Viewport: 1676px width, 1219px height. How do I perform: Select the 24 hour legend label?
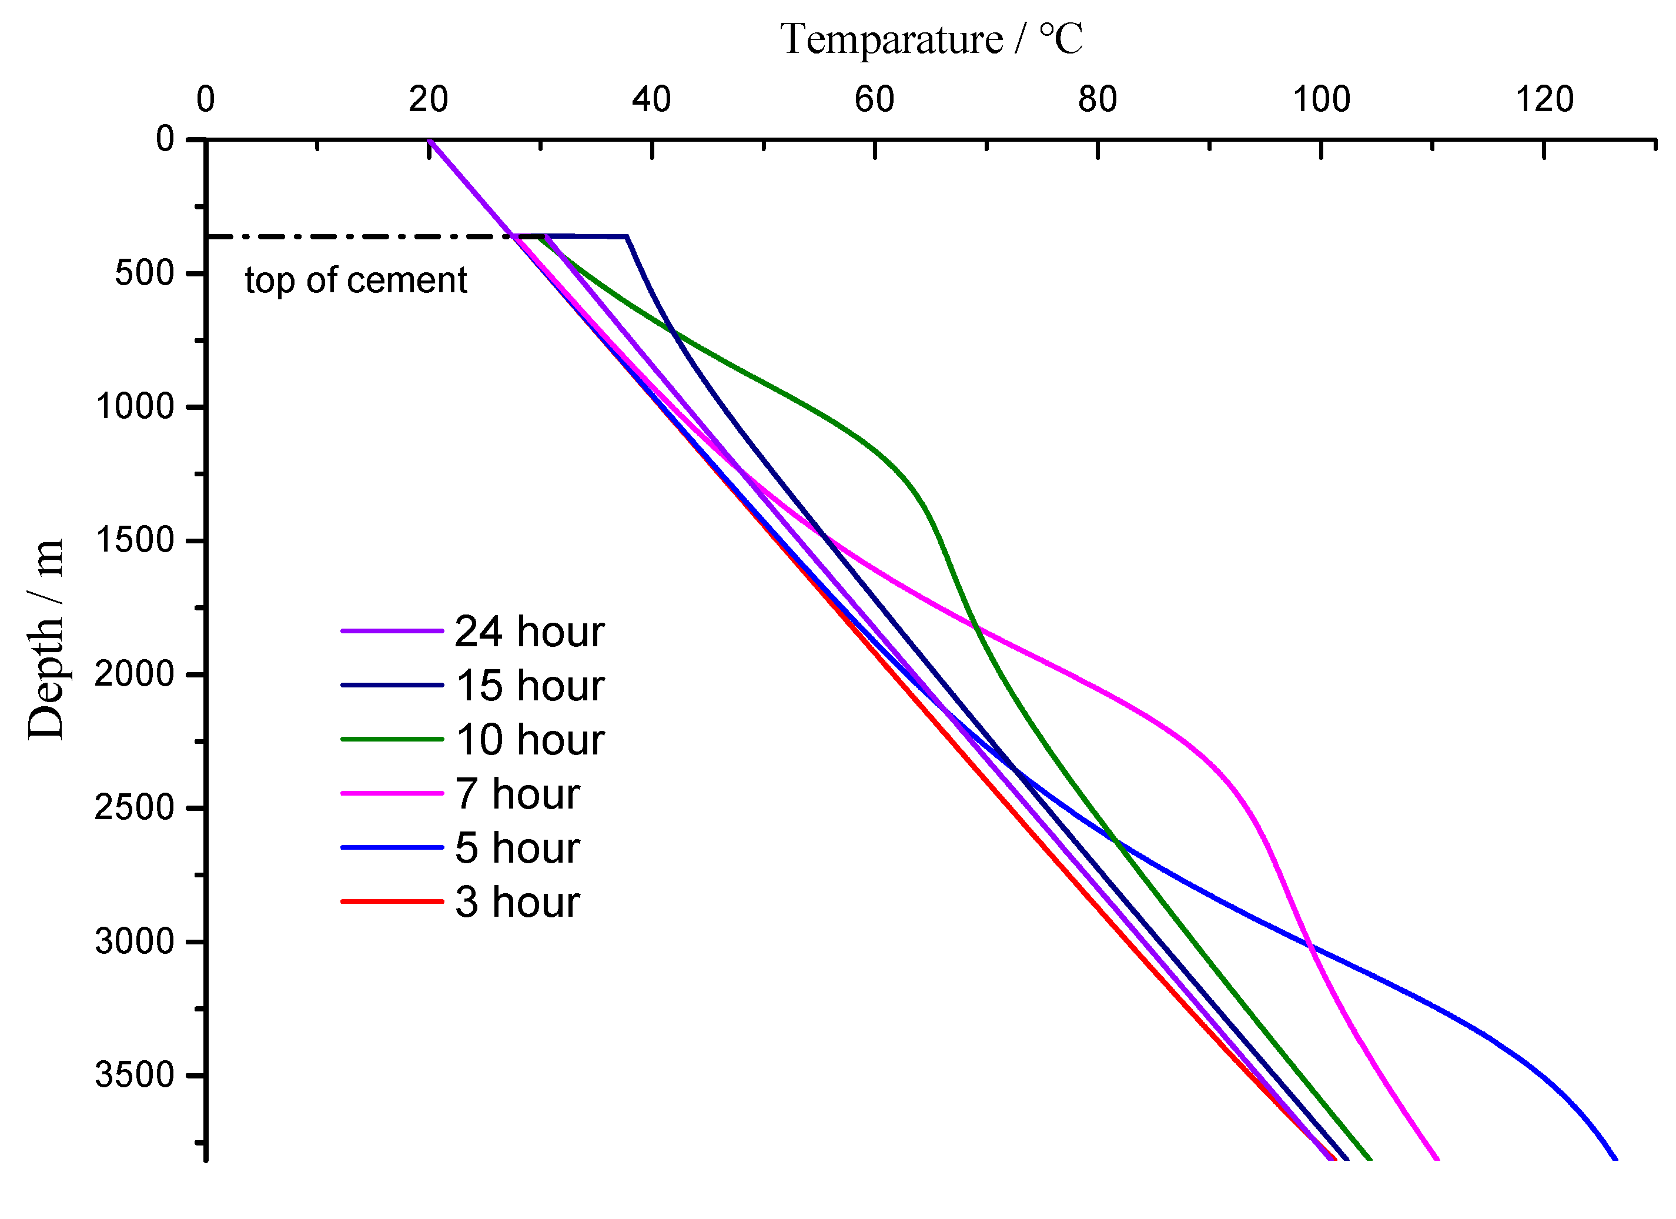tap(529, 632)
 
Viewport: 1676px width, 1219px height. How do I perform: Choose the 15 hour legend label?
tap(529, 686)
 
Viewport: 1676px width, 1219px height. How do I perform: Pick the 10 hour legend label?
tap(529, 740)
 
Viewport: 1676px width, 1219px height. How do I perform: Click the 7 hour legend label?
tap(517, 794)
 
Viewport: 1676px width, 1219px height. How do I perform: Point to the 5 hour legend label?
tap(517, 849)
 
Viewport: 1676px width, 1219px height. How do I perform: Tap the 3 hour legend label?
tap(517, 903)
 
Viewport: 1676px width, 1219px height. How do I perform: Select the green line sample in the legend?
tap(392, 739)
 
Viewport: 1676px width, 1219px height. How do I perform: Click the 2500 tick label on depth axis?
tap(134, 808)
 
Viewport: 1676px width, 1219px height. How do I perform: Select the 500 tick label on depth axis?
tap(144, 273)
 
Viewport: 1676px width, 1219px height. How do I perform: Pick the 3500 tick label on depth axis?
tap(134, 1076)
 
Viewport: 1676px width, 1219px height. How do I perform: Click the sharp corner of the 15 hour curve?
tap(627, 236)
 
